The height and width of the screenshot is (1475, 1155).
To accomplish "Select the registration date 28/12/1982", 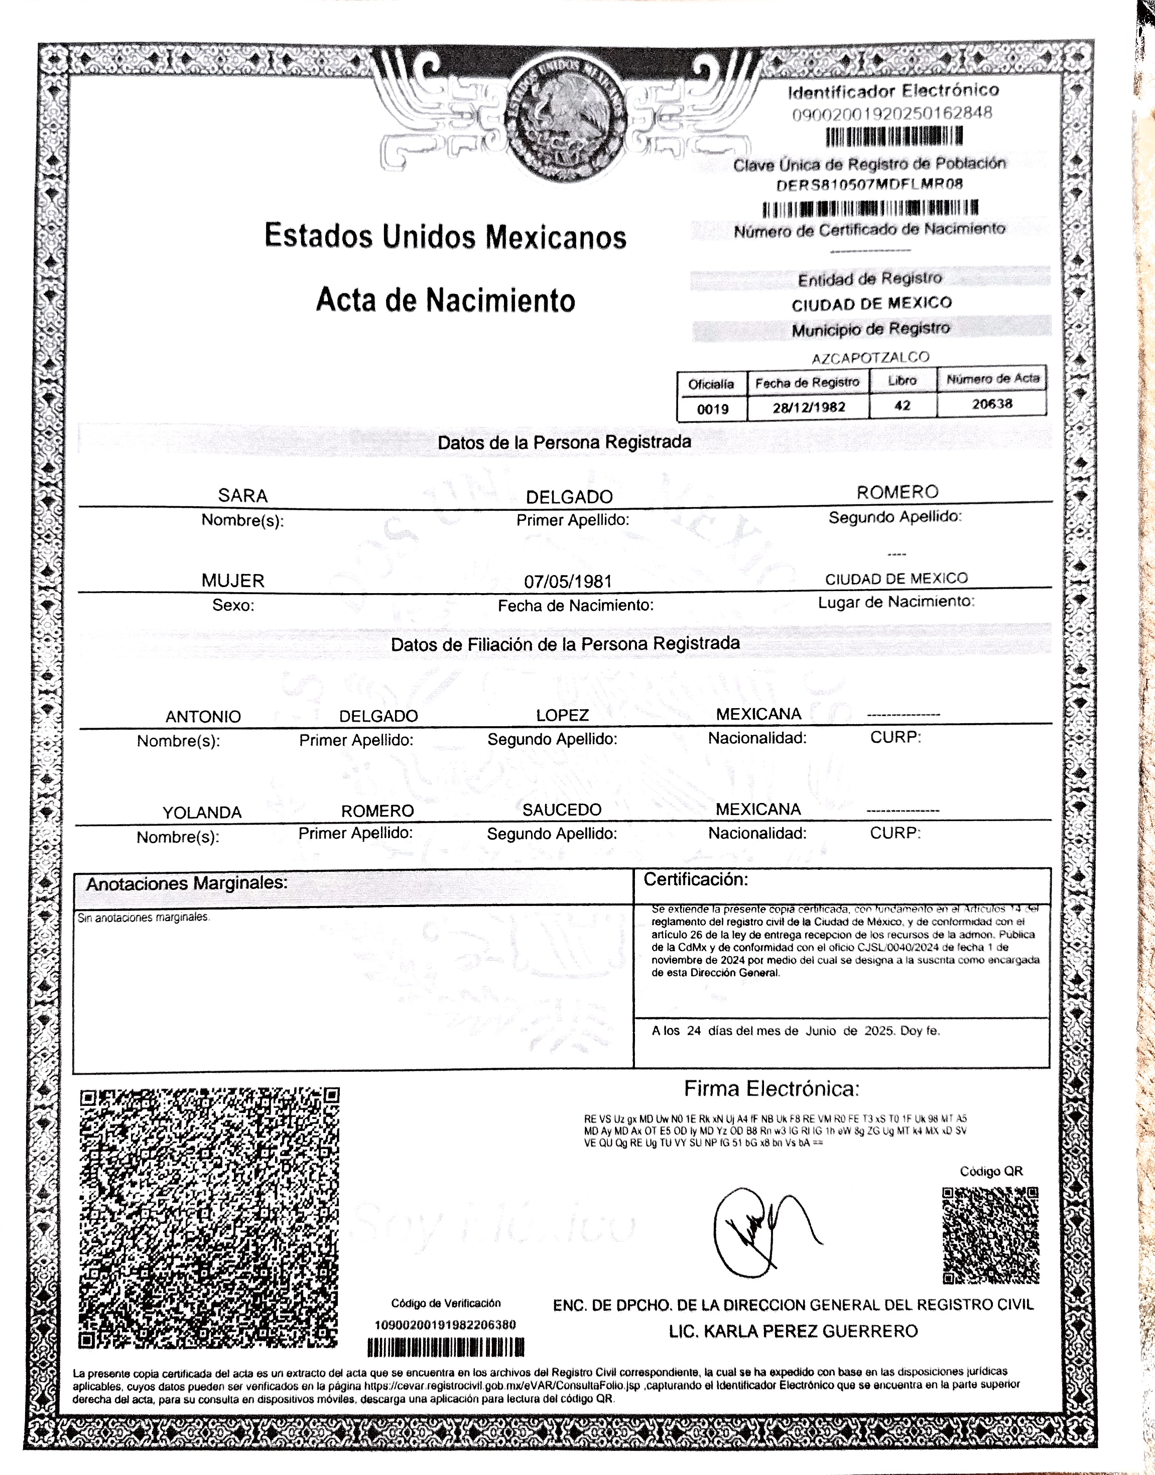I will tap(809, 408).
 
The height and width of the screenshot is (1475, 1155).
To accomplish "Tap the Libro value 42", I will tap(902, 406).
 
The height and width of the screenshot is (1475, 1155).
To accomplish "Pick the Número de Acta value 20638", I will tap(992, 404).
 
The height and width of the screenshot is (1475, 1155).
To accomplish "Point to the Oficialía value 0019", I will tap(713, 409).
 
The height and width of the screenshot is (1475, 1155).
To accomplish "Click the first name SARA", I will tap(243, 496).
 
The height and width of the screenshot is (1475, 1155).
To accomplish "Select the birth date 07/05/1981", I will tap(568, 581).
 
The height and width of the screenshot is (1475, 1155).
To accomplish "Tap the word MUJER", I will tap(232, 581).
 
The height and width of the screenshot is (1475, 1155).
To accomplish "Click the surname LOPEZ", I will tap(562, 715).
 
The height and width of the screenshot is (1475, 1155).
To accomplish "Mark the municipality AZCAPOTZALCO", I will tap(870, 357).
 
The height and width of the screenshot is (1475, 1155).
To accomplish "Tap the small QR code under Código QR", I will tap(990, 1235).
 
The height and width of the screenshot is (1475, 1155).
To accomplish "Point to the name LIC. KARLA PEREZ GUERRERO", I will tap(793, 1331).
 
